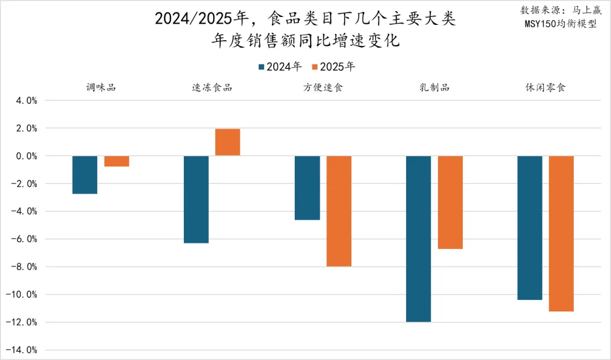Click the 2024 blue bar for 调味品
85,175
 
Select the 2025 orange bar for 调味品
117,161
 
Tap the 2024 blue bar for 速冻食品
196,199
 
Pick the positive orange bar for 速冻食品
227,142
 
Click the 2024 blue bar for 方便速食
307,188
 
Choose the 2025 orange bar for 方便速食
339,211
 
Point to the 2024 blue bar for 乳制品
419,239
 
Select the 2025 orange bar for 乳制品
450,202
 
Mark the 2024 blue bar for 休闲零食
530,228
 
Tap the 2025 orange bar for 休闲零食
561,233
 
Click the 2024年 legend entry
280,67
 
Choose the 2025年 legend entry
333,67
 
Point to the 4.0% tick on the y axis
25,101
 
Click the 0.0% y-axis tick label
25,156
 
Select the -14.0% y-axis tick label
23,350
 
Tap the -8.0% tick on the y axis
24,267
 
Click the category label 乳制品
434,87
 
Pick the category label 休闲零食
545,87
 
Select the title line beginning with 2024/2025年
305,19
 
